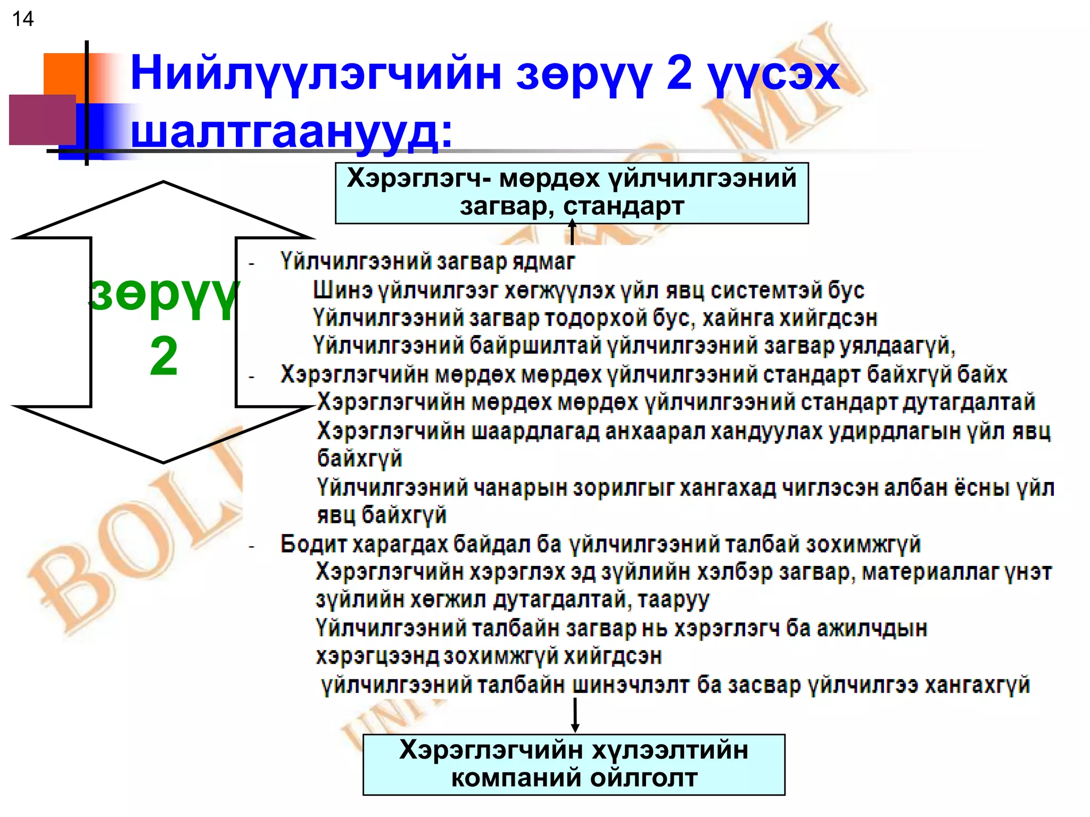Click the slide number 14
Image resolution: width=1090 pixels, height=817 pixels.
pyautogui.click(x=22, y=19)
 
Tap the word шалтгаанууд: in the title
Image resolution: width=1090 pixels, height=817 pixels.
pyautogui.click(x=292, y=131)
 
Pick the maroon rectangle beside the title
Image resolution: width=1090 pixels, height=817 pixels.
pyautogui.click(x=42, y=120)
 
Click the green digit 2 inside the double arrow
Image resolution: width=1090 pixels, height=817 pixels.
pyautogui.click(x=163, y=357)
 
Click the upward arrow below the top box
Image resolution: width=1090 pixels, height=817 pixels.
pyautogui.click(x=572, y=232)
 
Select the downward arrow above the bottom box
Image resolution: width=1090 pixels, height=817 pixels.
pyautogui.click(x=575, y=716)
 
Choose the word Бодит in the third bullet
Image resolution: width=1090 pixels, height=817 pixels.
pyautogui.click(x=313, y=544)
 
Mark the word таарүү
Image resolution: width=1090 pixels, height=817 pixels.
pyautogui.click(x=673, y=600)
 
